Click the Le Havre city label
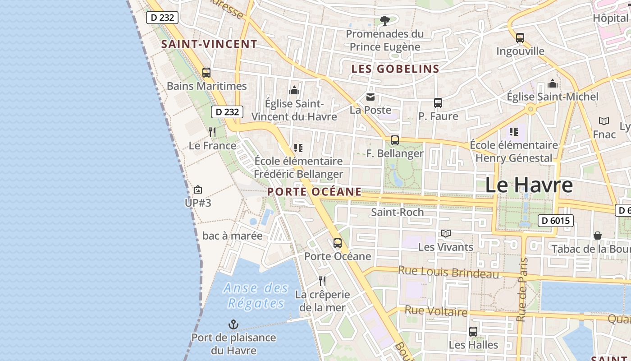pyautogui.click(x=529, y=185)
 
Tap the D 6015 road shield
pyautogui.click(x=556, y=221)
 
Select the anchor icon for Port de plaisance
pyautogui.click(x=233, y=324)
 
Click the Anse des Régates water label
pyautogui.click(x=256, y=296)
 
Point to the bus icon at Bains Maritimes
pyautogui.click(x=206, y=73)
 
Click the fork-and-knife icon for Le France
pyautogui.click(x=212, y=132)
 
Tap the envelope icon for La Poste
pyautogui.click(x=370, y=97)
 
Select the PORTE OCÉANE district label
pyautogui.click(x=314, y=192)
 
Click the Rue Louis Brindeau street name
pyautogui.click(x=448, y=273)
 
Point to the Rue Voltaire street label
pyautogui.click(x=436, y=311)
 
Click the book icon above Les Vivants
pyautogui.click(x=446, y=233)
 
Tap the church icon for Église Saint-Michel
pyautogui.click(x=553, y=83)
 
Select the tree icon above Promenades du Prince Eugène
pyautogui.click(x=384, y=20)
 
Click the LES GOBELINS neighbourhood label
pyautogui.click(x=395, y=69)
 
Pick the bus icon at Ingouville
pyautogui.click(x=520, y=38)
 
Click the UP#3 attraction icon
pyautogui.click(x=197, y=190)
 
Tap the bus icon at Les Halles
pyautogui.click(x=473, y=332)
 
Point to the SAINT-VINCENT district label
pyautogui.click(x=209, y=44)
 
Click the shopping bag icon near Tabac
pyautogui.click(x=598, y=236)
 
